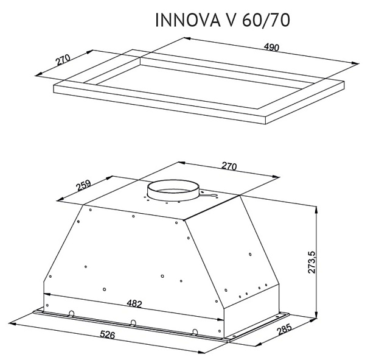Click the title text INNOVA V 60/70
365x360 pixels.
tap(223, 20)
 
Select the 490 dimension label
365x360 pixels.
tap(271, 48)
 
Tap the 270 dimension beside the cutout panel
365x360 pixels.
tap(63, 60)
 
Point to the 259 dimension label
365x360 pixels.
tap(83, 185)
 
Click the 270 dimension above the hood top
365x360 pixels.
tap(229, 166)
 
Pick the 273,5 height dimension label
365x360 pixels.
tap(311, 262)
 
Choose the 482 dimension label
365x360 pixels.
tap(134, 303)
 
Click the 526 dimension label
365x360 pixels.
tap(108, 334)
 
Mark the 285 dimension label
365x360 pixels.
tap(284, 330)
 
